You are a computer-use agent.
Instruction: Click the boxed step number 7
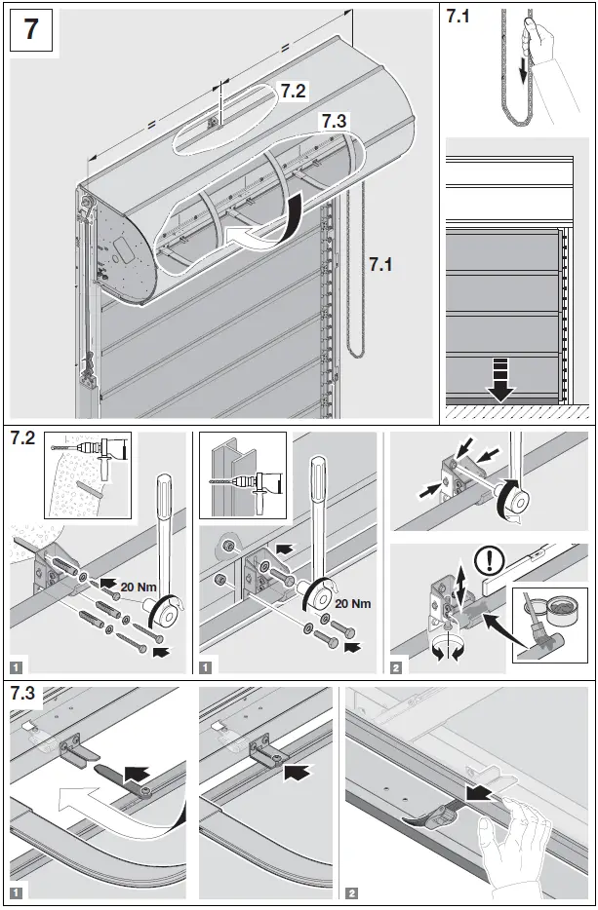31,29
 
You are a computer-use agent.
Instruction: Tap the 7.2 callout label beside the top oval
294,91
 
